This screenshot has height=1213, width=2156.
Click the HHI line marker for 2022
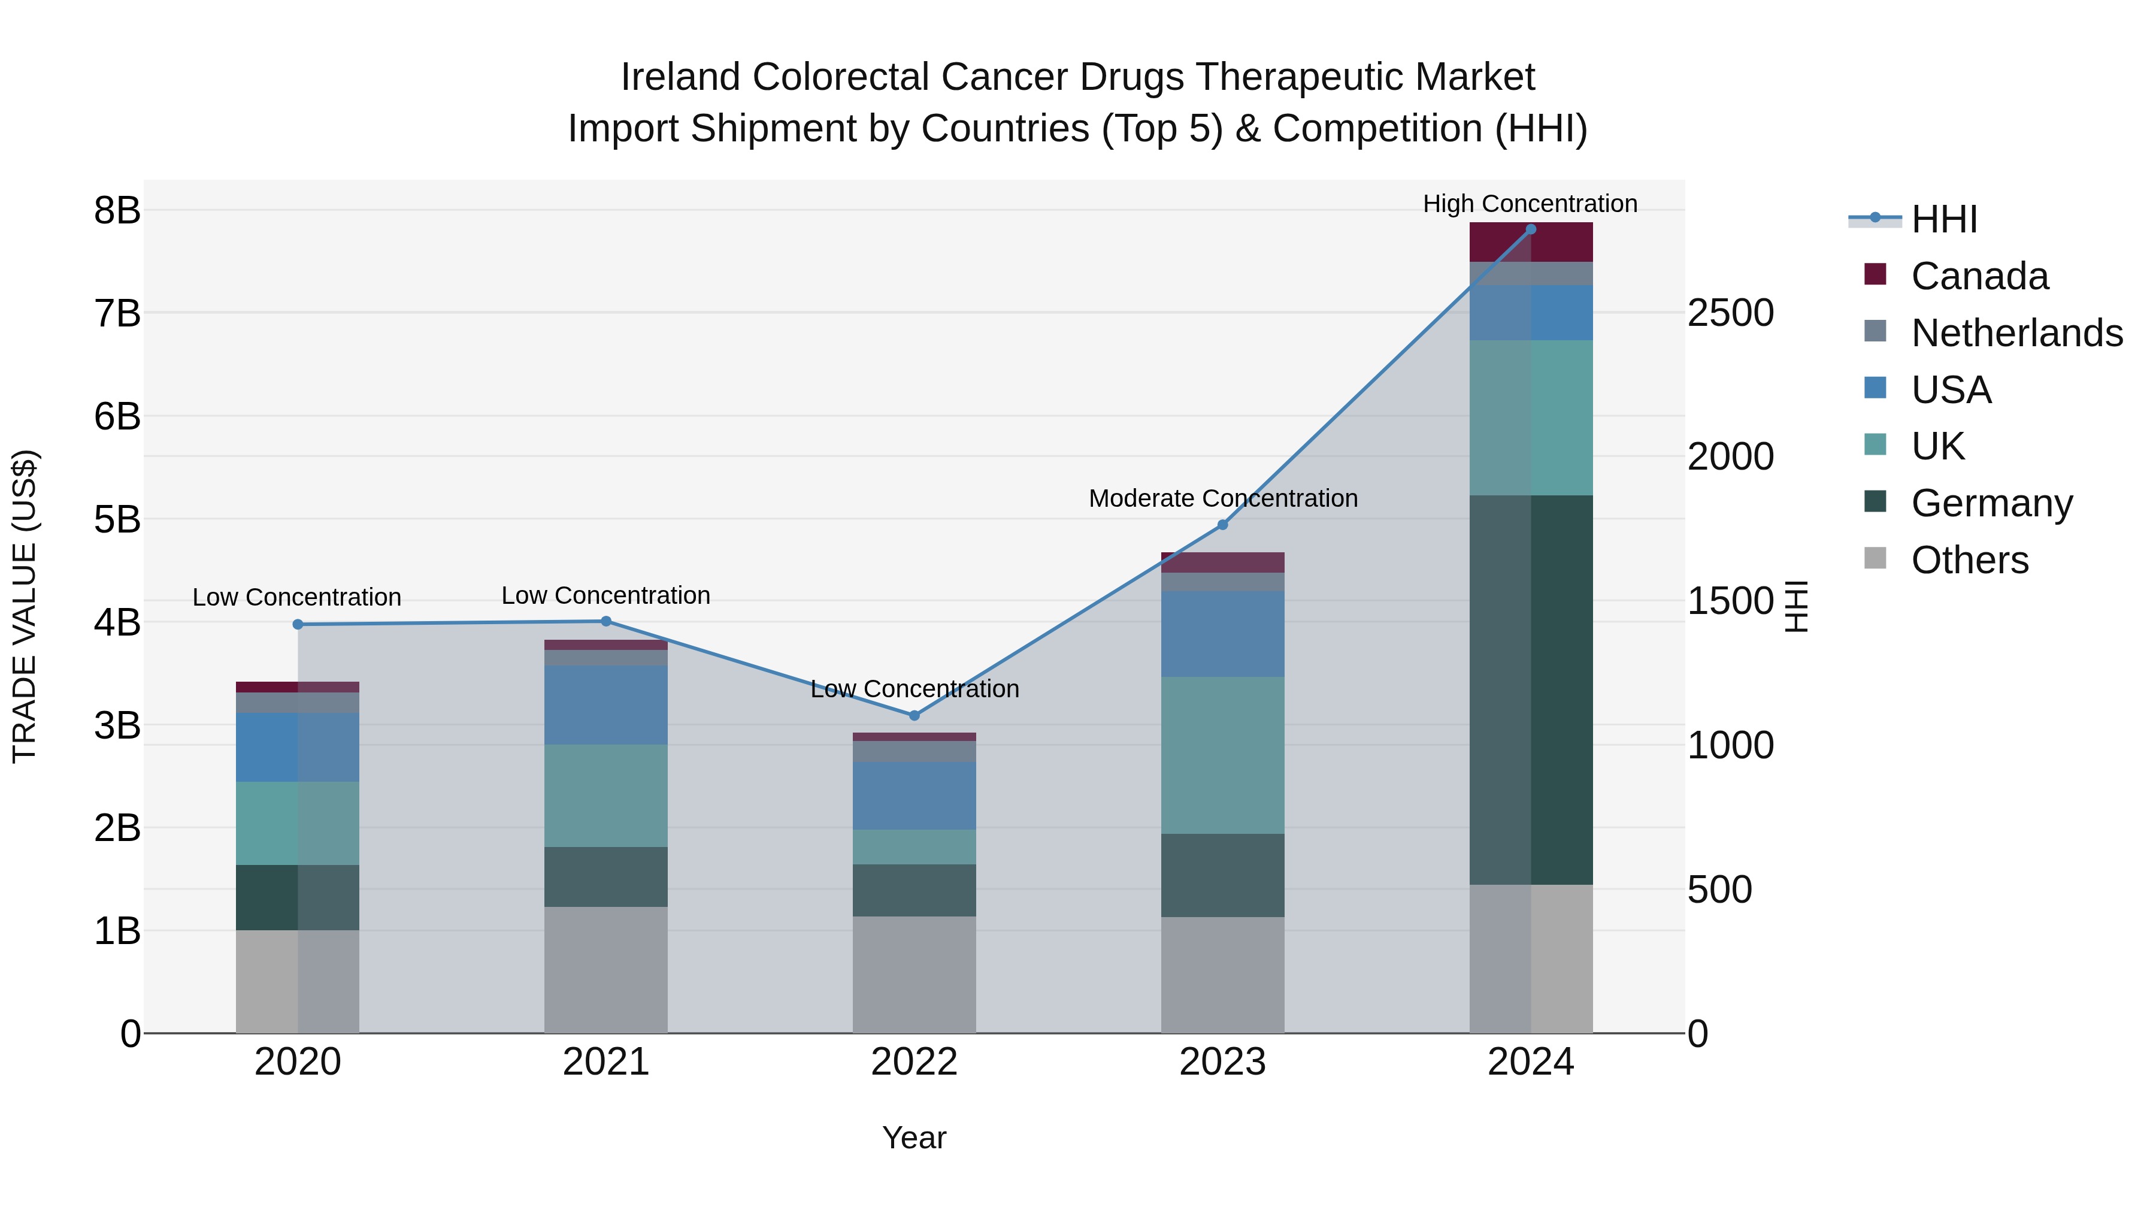pos(914,715)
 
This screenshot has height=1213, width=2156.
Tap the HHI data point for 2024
pos(1531,229)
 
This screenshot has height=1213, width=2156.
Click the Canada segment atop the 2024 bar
pos(1531,242)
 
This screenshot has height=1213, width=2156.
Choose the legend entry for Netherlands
pos(2016,333)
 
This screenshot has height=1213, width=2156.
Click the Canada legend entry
pos(1979,276)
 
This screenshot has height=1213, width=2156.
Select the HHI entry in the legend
pos(1943,219)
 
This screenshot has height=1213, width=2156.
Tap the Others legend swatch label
pos(1969,560)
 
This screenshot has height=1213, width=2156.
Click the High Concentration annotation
pos(1530,204)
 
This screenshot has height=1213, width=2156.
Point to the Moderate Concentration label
pos(1223,498)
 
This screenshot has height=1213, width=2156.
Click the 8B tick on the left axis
pos(117,210)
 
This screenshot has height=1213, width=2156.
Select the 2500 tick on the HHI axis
pos(1730,313)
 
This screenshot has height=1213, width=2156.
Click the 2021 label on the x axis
pos(606,1062)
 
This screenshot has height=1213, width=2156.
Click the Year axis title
pos(914,1138)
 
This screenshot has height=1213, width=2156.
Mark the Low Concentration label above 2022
pos(914,689)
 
